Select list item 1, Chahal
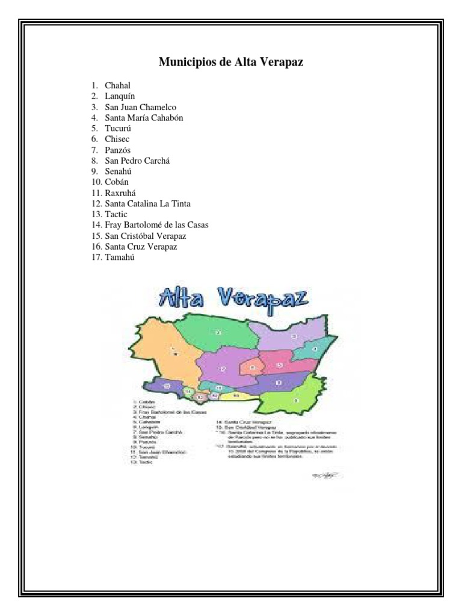(117, 85)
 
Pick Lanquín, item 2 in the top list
(120, 96)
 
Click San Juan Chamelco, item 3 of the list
(140, 107)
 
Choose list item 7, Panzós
(118, 150)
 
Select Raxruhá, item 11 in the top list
(122, 192)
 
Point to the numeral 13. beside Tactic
(96, 214)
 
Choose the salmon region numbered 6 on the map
(253, 366)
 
